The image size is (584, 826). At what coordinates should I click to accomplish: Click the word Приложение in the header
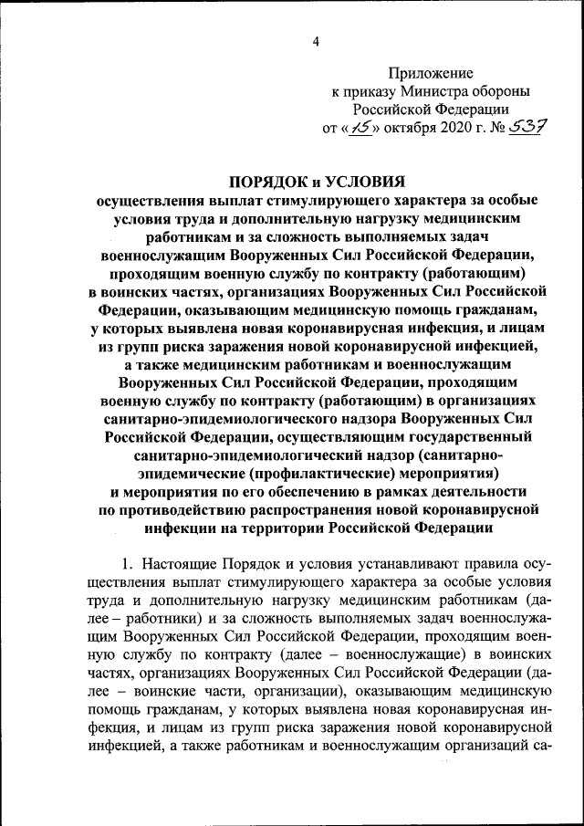[x=432, y=72]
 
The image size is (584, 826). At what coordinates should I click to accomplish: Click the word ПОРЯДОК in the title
[x=274, y=183]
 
